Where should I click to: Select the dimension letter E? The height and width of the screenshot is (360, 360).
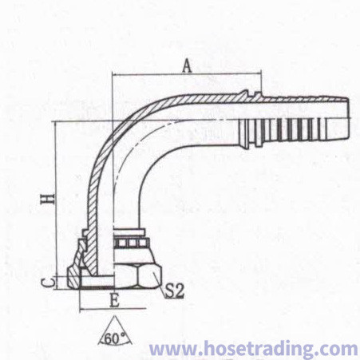(114, 301)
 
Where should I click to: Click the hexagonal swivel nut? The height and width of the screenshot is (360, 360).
(138, 275)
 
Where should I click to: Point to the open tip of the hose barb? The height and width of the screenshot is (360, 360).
(348, 118)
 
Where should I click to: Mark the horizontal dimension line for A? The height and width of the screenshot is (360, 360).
(187, 75)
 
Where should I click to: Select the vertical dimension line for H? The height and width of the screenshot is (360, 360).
(57, 205)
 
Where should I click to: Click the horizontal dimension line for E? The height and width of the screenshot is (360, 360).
(113, 309)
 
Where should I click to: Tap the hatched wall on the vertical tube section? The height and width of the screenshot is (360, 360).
(93, 202)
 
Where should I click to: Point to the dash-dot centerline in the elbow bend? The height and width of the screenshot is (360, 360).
(133, 147)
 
